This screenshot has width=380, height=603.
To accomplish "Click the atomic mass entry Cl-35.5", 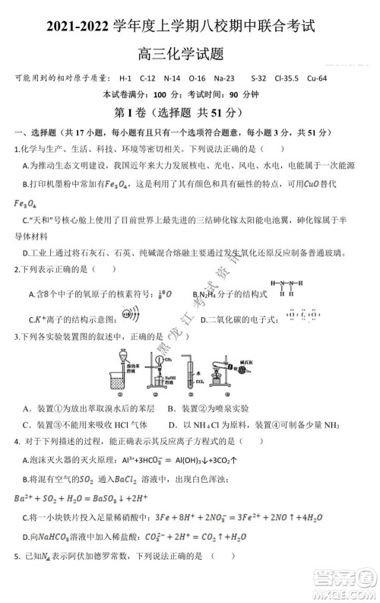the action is tap(285, 78).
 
